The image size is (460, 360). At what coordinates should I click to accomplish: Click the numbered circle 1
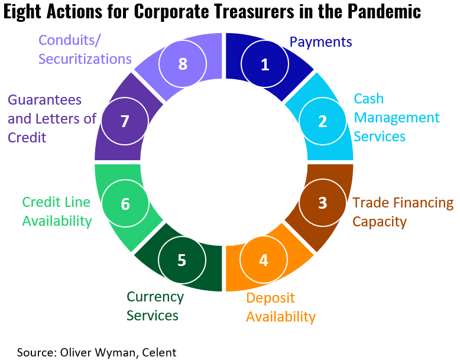click(x=265, y=64)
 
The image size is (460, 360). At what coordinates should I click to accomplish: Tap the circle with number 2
click(x=322, y=121)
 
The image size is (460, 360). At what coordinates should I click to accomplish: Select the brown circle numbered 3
click(x=322, y=203)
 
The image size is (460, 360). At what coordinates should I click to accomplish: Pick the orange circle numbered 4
click(x=264, y=260)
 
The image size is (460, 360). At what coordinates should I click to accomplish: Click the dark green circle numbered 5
click(x=182, y=260)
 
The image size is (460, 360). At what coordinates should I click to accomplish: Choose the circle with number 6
click(x=125, y=204)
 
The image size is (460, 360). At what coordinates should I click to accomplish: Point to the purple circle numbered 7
click(x=124, y=121)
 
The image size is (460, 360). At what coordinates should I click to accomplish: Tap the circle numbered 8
click(x=183, y=64)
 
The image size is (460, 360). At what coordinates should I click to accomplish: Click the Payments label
click(x=320, y=42)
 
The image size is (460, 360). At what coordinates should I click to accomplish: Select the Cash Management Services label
click(x=396, y=118)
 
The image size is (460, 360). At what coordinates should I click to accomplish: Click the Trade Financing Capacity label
click(x=403, y=212)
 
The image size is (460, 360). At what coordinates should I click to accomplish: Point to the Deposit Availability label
click(x=280, y=307)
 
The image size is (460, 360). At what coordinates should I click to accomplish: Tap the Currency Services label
click(x=155, y=306)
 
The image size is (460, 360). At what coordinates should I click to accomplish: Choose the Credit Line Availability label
click(x=57, y=212)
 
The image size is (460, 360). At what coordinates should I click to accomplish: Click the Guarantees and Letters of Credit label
click(x=51, y=118)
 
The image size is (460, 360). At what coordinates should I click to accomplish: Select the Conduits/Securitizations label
click(x=85, y=50)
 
